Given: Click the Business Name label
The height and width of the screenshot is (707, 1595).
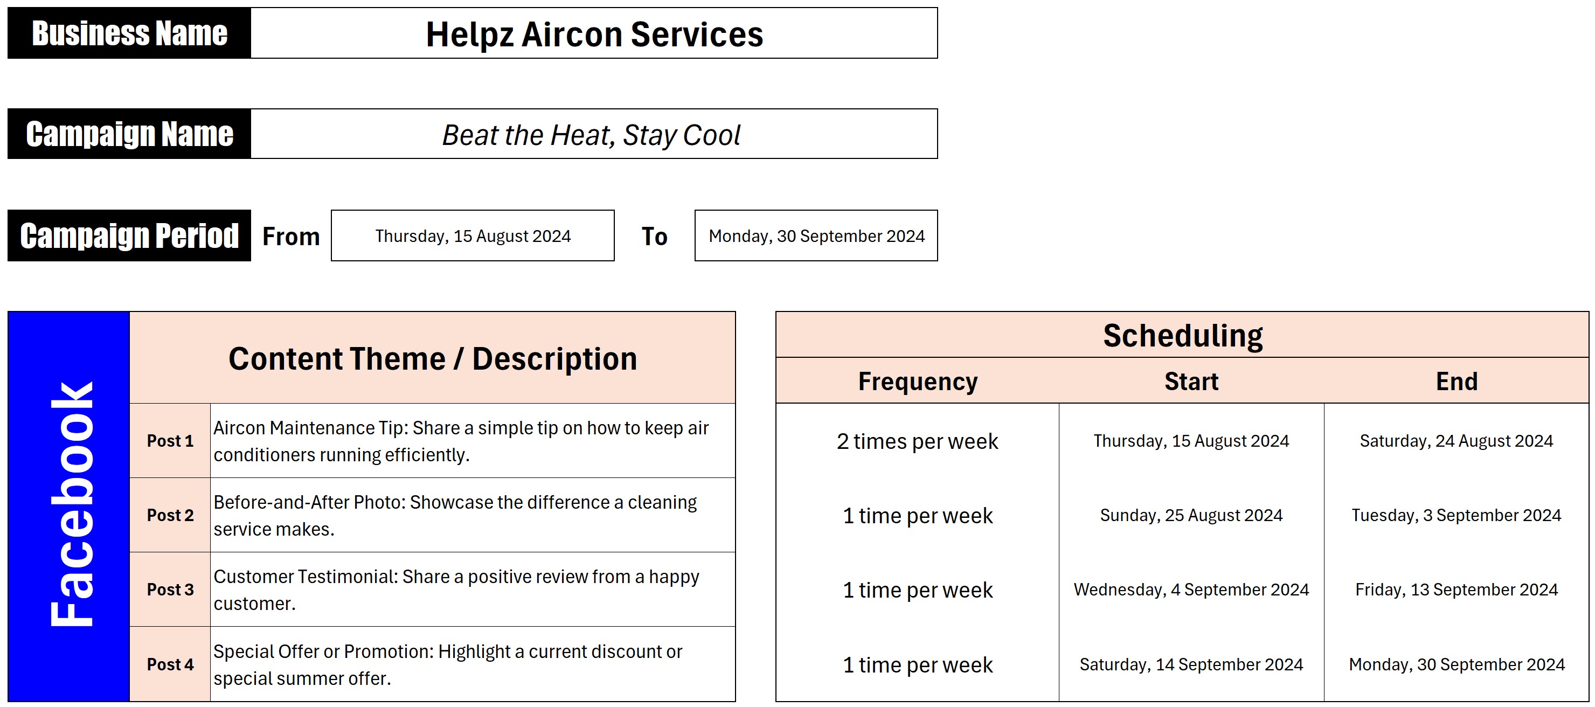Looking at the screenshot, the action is tap(129, 33).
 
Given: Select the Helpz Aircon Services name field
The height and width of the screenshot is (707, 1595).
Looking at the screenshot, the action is tap(594, 33).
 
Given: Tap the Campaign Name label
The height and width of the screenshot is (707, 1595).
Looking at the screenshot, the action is tap(129, 134).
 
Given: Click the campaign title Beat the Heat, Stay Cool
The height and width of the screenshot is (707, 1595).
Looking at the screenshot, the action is tap(591, 135).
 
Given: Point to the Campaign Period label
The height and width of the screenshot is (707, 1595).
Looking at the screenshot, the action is tap(129, 236).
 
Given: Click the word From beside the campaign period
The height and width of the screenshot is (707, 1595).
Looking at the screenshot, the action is tap(291, 237).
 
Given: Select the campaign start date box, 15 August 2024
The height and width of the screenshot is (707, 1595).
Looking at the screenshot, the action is tap(473, 236).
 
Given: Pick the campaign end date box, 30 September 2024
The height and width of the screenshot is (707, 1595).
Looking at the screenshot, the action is tap(816, 236).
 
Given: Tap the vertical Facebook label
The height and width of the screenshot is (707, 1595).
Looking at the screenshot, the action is tap(71, 504).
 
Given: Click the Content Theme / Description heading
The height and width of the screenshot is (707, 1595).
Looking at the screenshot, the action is tap(433, 358).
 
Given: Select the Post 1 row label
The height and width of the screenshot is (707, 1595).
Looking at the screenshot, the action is tap(170, 441).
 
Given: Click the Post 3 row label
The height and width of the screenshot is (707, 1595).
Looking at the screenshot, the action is tap(170, 590).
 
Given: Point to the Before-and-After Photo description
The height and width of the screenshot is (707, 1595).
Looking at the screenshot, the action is tap(455, 515).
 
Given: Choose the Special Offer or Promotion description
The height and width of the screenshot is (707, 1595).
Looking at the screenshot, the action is tap(448, 664).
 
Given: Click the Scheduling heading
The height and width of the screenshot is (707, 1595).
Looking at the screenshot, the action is tap(1183, 336).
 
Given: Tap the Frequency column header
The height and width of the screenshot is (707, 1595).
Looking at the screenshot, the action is tap(918, 382).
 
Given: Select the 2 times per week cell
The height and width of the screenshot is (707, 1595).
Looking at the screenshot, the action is tap(918, 441).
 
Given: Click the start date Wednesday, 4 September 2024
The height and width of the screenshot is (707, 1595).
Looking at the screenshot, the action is tap(1191, 590).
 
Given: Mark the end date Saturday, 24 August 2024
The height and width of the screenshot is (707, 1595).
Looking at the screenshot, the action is tap(1457, 441).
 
